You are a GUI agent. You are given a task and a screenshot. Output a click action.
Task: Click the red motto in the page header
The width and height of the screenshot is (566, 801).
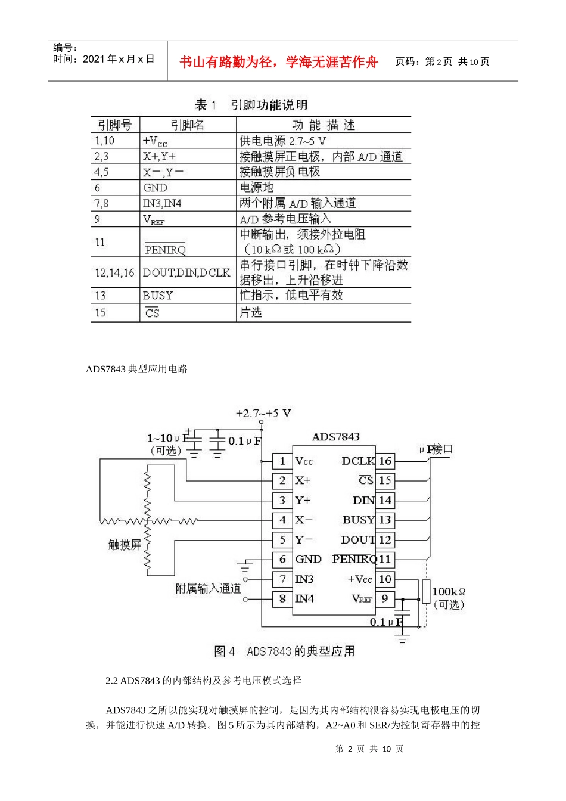pos(278,62)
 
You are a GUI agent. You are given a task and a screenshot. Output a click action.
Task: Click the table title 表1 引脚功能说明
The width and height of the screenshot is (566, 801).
pos(251,105)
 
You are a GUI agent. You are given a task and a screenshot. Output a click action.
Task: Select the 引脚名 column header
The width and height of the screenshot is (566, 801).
pos(187,125)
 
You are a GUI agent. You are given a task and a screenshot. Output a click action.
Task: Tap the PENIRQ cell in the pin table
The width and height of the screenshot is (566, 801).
pos(165,249)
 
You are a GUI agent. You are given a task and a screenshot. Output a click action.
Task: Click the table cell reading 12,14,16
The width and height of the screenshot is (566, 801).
pos(114,273)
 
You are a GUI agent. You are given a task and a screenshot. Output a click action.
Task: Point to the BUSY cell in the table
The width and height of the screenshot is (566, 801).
pos(158,296)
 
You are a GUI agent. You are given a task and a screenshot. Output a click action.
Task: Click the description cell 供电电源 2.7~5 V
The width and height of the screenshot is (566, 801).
pos(282,141)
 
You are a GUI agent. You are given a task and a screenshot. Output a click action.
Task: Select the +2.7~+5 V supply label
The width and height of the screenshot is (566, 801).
pos(263,413)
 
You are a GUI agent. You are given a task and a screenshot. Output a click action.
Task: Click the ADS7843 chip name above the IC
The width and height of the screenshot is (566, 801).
pos(335,437)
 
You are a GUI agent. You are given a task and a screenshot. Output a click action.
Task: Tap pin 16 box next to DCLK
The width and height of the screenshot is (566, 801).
pos(385,461)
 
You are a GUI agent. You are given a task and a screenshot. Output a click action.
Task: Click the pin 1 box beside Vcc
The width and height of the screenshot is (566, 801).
pos(282,461)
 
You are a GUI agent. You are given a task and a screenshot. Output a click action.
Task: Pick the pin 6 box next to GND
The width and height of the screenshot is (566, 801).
pos(282,559)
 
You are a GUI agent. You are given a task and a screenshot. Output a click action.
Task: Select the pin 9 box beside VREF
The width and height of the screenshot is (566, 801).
pos(385,598)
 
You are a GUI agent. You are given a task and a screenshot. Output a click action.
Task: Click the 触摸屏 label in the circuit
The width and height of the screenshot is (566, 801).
pos(125,544)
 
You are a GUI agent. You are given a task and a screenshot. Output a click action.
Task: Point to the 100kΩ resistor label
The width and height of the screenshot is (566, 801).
pos(448,592)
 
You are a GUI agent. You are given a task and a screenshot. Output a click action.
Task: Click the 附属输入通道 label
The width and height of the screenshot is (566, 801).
pos(208,589)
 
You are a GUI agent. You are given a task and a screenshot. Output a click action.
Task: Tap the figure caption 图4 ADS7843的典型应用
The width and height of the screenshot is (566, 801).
pos(284,651)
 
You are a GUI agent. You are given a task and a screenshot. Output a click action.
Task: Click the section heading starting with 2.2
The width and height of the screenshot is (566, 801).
pos(203,681)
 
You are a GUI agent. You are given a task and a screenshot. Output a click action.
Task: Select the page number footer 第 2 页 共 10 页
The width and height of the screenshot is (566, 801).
pos(369,749)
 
